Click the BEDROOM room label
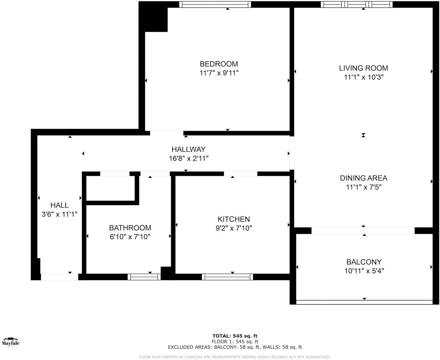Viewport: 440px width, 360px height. [x=219, y=64]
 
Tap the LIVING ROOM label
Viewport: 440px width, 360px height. [x=363, y=68]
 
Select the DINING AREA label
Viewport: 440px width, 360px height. [x=363, y=178]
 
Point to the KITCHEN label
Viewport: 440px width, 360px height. [x=234, y=219]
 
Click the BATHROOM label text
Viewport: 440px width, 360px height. [x=130, y=228]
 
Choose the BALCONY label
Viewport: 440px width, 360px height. [x=364, y=262]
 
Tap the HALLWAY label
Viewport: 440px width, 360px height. [x=188, y=149]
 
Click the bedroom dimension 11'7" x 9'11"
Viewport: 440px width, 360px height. [x=219, y=73]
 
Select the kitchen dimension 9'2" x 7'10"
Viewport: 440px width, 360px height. [x=234, y=228]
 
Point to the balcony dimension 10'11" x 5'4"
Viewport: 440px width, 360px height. [x=364, y=271]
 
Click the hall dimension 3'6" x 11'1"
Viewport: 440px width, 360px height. [x=59, y=214]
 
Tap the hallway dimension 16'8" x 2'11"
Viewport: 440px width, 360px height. [x=188, y=158]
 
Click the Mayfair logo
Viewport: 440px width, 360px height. [x=11, y=342]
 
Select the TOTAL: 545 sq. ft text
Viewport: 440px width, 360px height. [x=235, y=336]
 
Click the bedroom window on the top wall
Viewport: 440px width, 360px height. [x=215, y=4]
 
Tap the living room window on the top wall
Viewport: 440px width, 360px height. [x=357, y=4]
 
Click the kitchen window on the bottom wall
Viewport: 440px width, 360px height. [x=227, y=277]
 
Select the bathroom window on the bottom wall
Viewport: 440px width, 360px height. [x=144, y=277]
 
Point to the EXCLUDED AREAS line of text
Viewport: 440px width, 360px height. [x=235, y=347]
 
